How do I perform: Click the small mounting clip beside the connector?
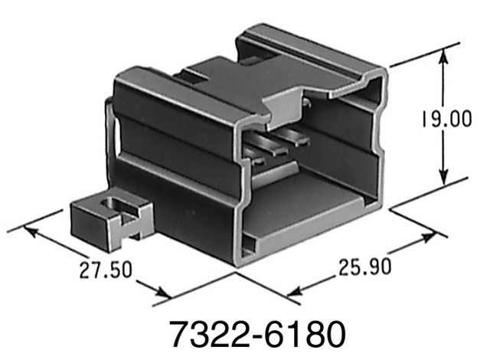click(107, 218)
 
